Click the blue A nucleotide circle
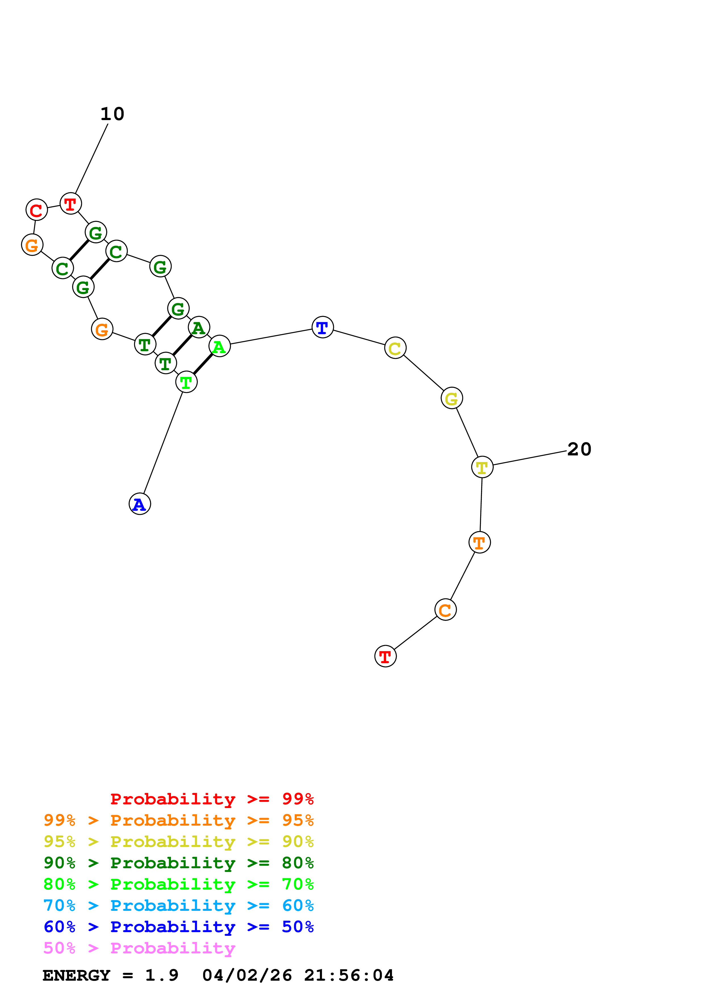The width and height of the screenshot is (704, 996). point(140,504)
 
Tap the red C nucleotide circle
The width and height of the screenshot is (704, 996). point(36,210)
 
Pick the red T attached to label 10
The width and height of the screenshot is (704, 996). point(70,204)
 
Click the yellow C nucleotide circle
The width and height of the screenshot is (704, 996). point(395,348)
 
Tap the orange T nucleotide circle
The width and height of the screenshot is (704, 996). point(479,542)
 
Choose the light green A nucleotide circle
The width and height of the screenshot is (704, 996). point(220,346)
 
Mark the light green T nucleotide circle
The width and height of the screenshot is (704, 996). point(186,382)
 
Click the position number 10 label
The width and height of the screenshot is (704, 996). point(112,114)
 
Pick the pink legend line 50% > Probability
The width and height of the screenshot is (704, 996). point(139,948)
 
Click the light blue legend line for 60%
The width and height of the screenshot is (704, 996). point(178,905)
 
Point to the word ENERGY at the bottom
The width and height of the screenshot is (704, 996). point(76,975)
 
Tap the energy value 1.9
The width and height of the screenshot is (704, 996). point(161,975)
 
